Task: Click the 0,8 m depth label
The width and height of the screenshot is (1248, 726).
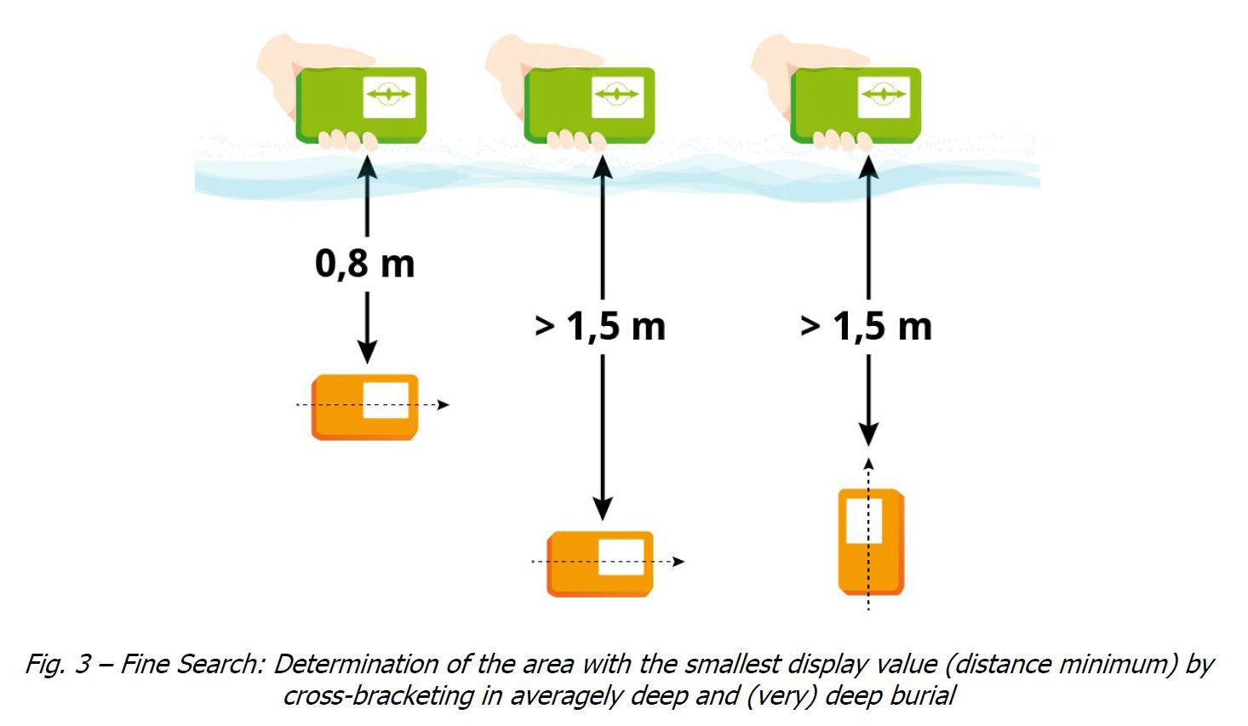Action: [365, 264]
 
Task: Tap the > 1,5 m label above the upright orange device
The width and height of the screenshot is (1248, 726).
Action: [866, 327]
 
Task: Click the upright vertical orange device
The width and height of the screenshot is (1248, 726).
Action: [872, 542]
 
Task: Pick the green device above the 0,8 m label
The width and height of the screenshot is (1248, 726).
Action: [361, 106]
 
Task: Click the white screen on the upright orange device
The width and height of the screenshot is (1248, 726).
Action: [864, 520]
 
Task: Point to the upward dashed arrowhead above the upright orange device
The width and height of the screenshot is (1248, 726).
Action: [868, 464]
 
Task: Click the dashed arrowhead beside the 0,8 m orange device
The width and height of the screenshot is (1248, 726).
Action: [444, 404]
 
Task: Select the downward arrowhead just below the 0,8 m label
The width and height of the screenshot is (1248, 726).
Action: [367, 350]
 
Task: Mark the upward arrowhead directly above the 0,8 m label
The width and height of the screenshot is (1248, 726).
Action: [367, 168]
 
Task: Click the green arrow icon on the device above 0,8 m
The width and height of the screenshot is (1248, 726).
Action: [389, 94]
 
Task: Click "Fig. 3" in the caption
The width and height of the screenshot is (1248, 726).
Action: [58, 664]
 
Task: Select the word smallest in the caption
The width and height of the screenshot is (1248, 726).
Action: [730, 664]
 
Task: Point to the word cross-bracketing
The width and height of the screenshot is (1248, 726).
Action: [379, 696]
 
